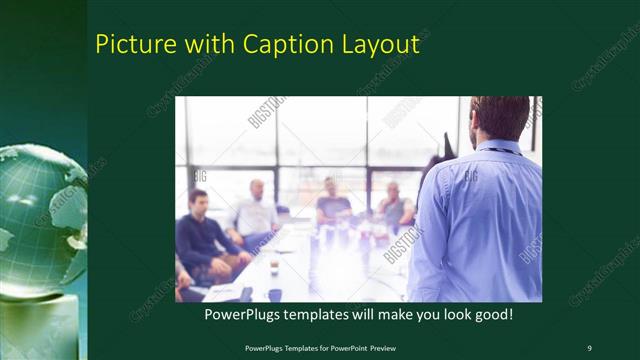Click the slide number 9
(x=589, y=347)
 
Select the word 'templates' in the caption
(x=323, y=314)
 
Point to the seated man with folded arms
(x=394, y=208)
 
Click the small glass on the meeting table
(x=274, y=267)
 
